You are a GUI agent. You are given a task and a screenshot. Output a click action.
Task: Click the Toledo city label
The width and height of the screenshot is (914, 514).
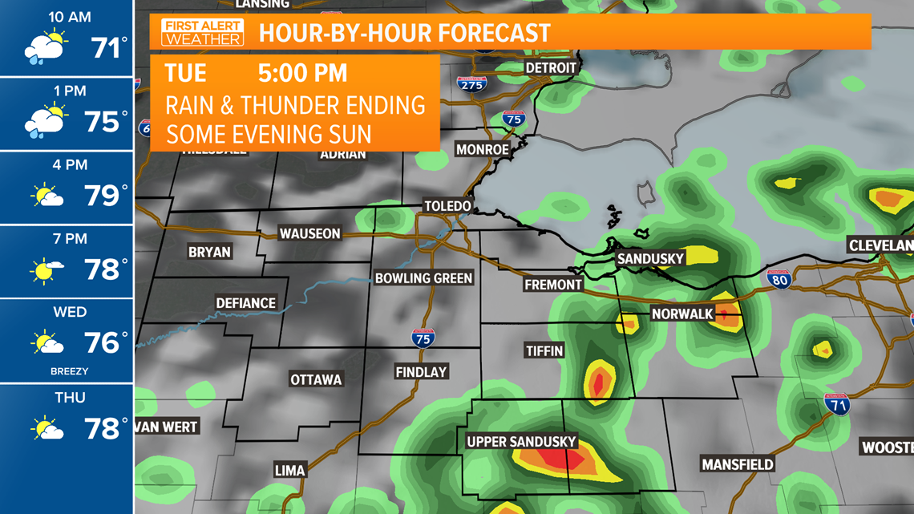tap(447, 206)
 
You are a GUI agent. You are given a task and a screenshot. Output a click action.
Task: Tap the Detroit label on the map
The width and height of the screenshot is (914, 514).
tap(551, 68)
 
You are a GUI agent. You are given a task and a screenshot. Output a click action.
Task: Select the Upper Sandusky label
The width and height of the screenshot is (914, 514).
tap(521, 442)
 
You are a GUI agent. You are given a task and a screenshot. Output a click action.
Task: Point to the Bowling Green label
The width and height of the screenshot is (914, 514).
tap(424, 278)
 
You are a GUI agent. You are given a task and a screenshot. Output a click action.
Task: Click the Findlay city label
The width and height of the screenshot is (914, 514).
tap(421, 372)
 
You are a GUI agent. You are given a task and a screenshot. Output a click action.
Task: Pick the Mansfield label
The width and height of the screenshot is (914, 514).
tap(738, 464)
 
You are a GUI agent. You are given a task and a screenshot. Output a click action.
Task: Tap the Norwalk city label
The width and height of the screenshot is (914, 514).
tap(682, 314)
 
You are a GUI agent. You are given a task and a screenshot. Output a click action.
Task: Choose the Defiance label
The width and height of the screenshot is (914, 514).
tap(245, 303)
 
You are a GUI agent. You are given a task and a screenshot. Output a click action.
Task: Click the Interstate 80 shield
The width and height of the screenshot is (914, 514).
tap(779, 279)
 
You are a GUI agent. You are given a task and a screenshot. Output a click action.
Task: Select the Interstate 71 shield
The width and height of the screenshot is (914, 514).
tap(837, 404)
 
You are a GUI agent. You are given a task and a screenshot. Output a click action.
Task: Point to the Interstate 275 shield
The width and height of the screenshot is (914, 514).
tap(471, 83)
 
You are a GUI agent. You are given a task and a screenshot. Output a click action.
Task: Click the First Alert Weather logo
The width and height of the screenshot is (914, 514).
tap(202, 33)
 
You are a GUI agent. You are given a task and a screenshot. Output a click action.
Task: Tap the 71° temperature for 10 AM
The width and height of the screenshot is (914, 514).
tap(109, 49)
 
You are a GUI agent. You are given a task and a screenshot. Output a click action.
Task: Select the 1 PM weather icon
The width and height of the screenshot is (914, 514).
tap(47, 121)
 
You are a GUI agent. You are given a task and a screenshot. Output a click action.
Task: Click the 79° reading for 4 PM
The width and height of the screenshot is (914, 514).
tap(106, 196)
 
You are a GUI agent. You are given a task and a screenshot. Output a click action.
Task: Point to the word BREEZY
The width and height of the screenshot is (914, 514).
tap(70, 371)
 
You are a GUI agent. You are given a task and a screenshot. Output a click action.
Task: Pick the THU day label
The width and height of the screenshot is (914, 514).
tap(70, 398)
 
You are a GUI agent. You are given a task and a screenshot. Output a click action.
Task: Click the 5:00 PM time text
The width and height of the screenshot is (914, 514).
tap(302, 74)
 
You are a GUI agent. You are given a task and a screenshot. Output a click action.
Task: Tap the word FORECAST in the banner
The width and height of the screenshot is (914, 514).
tap(495, 34)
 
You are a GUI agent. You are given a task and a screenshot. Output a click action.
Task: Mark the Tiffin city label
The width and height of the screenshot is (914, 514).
tap(544, 350)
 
